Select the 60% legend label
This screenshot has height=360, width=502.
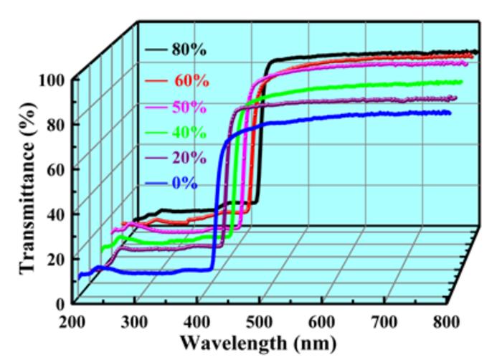[x=191, y=80]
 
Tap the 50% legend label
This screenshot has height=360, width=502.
[x=189, y=108]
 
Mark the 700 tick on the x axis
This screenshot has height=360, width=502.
[x=387, y=320]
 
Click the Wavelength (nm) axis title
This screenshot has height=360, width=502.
[x=256, y=342]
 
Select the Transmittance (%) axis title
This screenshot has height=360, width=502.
[x=27, y=189]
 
